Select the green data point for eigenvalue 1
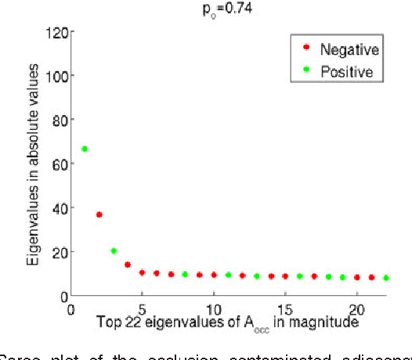tap(85, 149)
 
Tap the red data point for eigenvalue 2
tap(99, 214)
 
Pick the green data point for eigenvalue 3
tap(114, 251)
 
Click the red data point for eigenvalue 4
tap(128, 265)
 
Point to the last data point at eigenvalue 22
tap(385, 278)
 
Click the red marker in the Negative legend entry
tap(305, 51)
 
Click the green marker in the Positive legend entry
tap(305, 72)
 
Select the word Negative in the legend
tap(349, 51)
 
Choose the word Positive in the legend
tap(346, 72)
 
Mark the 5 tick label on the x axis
tap(142, 307)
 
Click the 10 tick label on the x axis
tap(214, 307)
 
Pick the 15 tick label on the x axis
tap(285, 307)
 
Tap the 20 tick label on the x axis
tap(356, 307)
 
